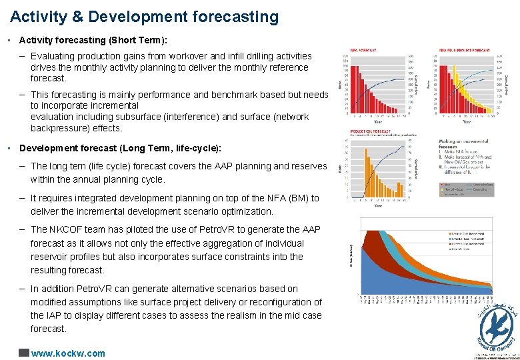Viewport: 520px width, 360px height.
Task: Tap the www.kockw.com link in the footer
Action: pos(68,353)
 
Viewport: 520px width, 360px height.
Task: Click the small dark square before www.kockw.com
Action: pos(24,353)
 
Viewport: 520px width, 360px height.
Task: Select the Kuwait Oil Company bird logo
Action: pos(495,324)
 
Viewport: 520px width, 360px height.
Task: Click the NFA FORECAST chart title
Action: pos(363,50)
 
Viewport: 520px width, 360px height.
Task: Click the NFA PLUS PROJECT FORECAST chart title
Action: pos(465,50)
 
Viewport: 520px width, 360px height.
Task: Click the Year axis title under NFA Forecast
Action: pos(378,122)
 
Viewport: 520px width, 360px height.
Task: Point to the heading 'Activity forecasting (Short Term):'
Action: pos(93,41)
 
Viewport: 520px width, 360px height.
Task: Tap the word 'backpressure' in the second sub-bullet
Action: pos(58,128)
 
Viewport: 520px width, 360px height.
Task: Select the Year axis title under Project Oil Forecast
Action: pos(378,205)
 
